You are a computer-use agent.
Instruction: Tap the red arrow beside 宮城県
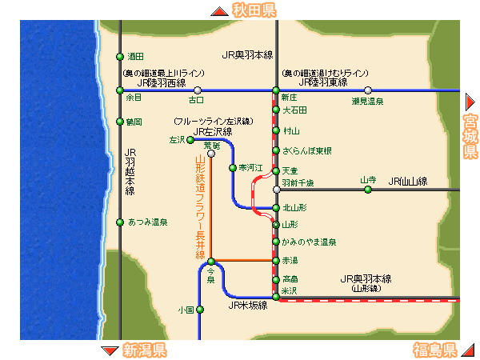click(x=470, y=102)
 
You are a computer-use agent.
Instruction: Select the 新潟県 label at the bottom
click(x=144, y=350)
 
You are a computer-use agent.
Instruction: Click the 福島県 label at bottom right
click(x=434, y=350)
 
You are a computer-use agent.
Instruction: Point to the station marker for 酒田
click(x=120, y=57)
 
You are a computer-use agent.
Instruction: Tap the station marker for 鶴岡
click(x=120, y=122)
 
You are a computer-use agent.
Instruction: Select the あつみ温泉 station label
click(x=147, y=222)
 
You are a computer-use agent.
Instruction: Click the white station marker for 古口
click(x=197, y=90)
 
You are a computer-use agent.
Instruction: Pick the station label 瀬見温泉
click(x=367, y=102)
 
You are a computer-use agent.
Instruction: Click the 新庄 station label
click(x=290, y=97)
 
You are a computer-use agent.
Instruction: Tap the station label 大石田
click(x=294, y=110)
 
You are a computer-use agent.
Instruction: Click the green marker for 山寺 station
click(x=368, y=190)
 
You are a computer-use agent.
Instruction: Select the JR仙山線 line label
click(x=408, y=181)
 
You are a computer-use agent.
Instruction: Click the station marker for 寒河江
click(x=232, y=168)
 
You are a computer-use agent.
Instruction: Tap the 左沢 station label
click(x=176, y=140)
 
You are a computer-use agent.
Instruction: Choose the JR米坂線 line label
click(x=248, y=305)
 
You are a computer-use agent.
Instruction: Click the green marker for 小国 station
click(x=200, y=310)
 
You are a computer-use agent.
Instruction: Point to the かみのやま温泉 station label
click(x=308, y=242)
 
